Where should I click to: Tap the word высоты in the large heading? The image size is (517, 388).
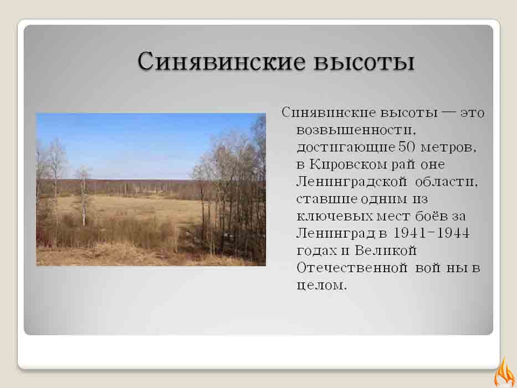tap(364, 62)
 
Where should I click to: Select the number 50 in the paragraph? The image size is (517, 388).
tap(407, 146)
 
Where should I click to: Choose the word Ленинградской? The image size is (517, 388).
tap(351, 182)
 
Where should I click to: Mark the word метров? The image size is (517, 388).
tap(449, 147)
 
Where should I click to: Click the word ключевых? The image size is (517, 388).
tap(335, 216)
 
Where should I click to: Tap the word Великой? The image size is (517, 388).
tap(386, 250)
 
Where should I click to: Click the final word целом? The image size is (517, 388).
tap(322, 285)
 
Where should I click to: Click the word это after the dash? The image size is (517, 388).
tap(472, 113)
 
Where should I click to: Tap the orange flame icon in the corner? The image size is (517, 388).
tap(505, 372)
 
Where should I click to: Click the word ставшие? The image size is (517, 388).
tap(327, 199)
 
